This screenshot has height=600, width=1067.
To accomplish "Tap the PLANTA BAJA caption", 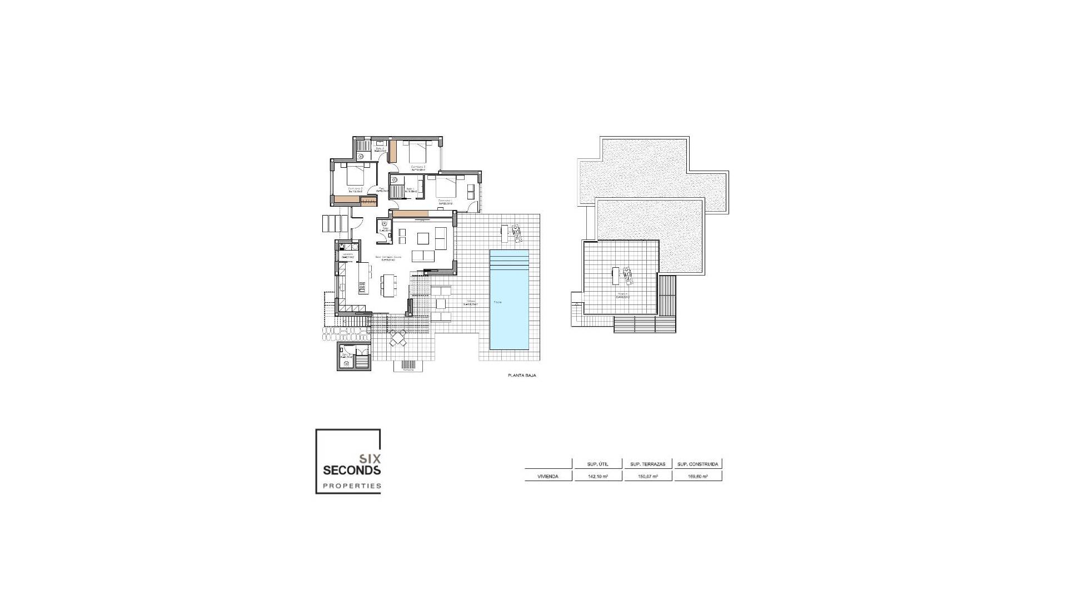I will click(522, 376).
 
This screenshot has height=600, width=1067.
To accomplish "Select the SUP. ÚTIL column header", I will click(597, 464).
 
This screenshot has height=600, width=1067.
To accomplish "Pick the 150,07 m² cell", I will click(647, 476).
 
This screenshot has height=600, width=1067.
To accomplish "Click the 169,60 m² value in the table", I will click(697, 476).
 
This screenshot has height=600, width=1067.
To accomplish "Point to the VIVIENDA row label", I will click(547, 476).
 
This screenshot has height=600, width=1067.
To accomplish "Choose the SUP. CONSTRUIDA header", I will click(698, 464).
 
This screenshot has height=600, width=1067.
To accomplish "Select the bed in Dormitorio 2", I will click(356, 174).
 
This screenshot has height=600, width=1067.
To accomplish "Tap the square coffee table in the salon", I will click(423, 238).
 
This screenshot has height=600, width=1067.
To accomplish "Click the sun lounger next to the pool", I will click(517, 233).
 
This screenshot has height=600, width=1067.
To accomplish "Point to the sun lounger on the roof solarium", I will click(627, 275).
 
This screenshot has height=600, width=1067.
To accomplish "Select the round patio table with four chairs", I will click(398, 338).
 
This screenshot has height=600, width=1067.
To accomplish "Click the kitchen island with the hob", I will click(363, 278).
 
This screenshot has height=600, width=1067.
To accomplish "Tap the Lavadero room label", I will click(348, 255).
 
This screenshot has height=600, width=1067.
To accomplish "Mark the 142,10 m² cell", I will click(597, 476).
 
